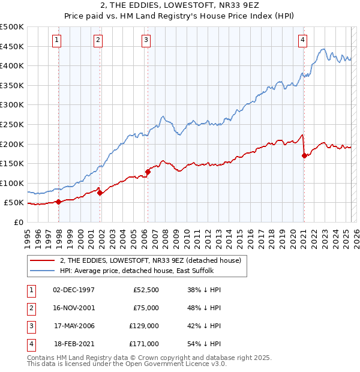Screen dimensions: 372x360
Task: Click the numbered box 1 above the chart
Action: [x=56, y=40]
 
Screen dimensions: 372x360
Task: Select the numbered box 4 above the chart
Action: [x=303, y=40]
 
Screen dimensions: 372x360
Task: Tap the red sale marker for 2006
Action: [x=148, y=172]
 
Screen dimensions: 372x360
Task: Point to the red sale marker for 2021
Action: [x=304, y=155]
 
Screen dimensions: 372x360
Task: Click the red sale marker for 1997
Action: [x=58, y=202]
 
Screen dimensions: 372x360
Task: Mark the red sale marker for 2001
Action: [x=100, y=193]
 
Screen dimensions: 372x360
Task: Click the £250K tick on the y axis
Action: [x=13, y=124]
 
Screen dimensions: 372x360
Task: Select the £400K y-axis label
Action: [x=13, y=65]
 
